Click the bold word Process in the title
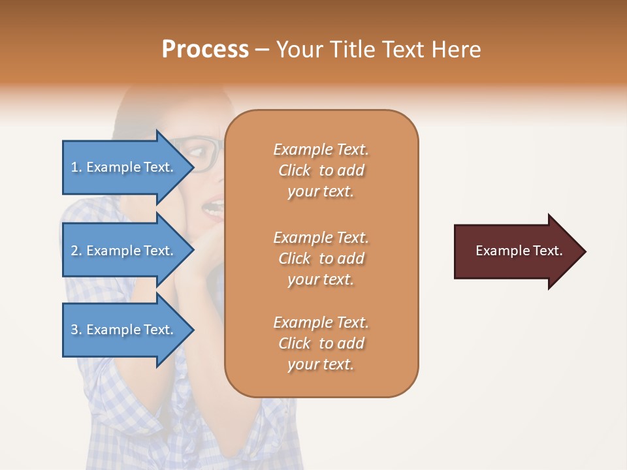[205, 49]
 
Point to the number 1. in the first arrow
[76, 167]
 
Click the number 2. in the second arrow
[76, 251]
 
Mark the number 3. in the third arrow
[76, 330]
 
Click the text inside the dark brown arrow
[519, 251]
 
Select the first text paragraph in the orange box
[321, 170]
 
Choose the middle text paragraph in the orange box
[321, 258]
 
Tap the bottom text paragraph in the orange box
[321, 343]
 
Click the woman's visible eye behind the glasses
[197, 151]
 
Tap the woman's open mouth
[214, 209]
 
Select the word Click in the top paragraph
[294, 170]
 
